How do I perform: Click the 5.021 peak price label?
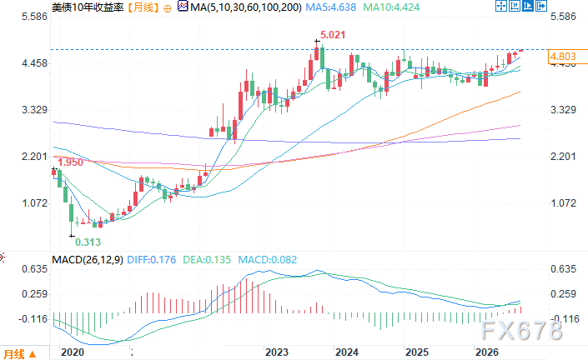pos(333,35)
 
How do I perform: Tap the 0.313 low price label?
pos(88,242)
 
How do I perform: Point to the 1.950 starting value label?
pos(71,162)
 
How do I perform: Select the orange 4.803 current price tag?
pos(562,56)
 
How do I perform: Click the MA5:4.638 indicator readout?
pos(330,7)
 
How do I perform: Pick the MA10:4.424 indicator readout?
pos(391,7)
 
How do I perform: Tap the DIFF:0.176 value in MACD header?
pos(152,260)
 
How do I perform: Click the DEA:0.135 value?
pos(207,260)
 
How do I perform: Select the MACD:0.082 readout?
pos(268,260)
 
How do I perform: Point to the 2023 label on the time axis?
pos(277,352)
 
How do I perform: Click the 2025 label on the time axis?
pos(417,352)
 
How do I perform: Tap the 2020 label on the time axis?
pos(73,352)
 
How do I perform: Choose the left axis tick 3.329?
pos(34,110)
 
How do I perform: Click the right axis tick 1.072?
pos(563,203)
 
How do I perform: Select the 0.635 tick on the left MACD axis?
pos(34,269)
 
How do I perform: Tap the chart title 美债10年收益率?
pos(88,7)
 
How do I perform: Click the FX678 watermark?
pos(521,330)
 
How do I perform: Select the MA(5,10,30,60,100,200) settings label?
pos(245,7)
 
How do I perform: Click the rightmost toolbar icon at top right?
pos(541,6)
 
